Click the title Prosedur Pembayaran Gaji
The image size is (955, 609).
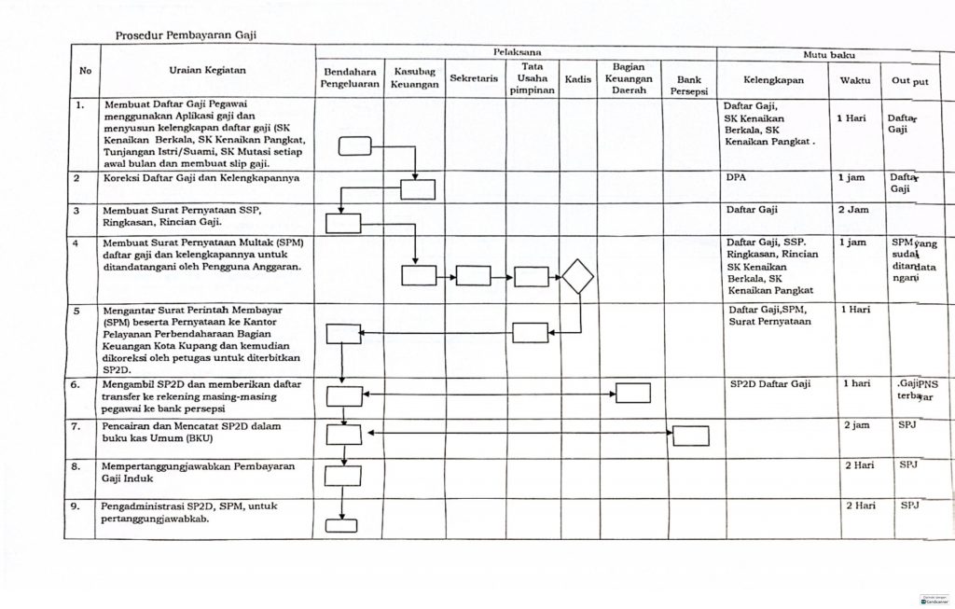pyautogui.click(x=185, y=35)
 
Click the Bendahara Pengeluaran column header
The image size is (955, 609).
pyautogui.click(x=350, y=77)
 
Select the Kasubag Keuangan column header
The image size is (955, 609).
pyautogui.click(x=416, y=77)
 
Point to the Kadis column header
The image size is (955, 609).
pyautogui.click(x=578, y=80)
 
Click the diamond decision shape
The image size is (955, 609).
pyautogui.click(x=578, y=276)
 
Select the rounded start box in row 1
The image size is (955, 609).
pyautogui.click(x=354, y=145)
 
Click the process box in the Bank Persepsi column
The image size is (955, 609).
pyautogui.click(x=690, y=436)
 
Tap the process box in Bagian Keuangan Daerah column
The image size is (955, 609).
pyautogui.click(x=633, y=394)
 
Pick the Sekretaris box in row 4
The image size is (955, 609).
pyautogui.click(x=474, y=276)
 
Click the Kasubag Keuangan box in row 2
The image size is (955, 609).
pyautogui.click(x=418, y=189)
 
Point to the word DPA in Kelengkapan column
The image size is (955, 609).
pyautogui.click(x=737, y=176)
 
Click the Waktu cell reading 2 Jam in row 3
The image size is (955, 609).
pyautogui.click(x=852, y=210)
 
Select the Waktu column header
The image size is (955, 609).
pyautogui.click(x=854, y=80)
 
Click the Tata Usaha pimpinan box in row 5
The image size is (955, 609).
pyautogui.click(x=531, y=333)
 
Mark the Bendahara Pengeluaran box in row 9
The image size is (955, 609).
pyautogui.click(x=342, y=525)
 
